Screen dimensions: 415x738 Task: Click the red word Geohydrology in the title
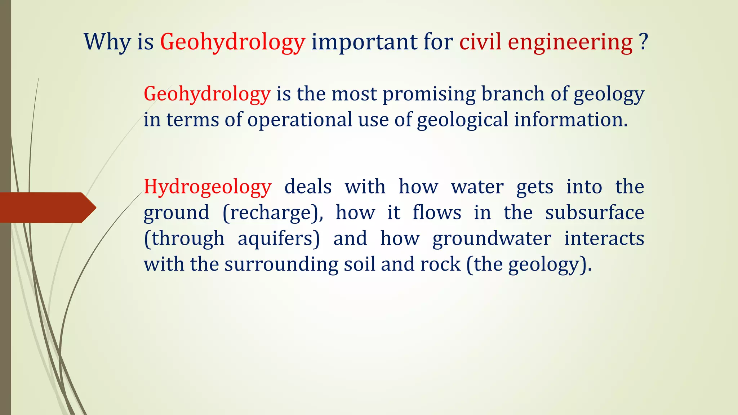click(232, 42)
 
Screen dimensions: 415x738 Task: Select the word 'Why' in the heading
click(107, 42)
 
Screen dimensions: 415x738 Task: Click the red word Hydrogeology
click(208, 187)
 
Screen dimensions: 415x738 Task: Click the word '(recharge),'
click(273, 213)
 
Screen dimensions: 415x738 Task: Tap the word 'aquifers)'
click(279, 238)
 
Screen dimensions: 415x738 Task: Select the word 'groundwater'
click(492, 238)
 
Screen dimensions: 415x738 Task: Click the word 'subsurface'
click(595, 212)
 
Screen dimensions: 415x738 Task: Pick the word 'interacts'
click(604, 238)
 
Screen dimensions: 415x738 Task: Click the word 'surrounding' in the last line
click(281, 264)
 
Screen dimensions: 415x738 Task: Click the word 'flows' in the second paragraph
click(437, 212)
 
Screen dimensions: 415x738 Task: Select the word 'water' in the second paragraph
click(477, 187)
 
